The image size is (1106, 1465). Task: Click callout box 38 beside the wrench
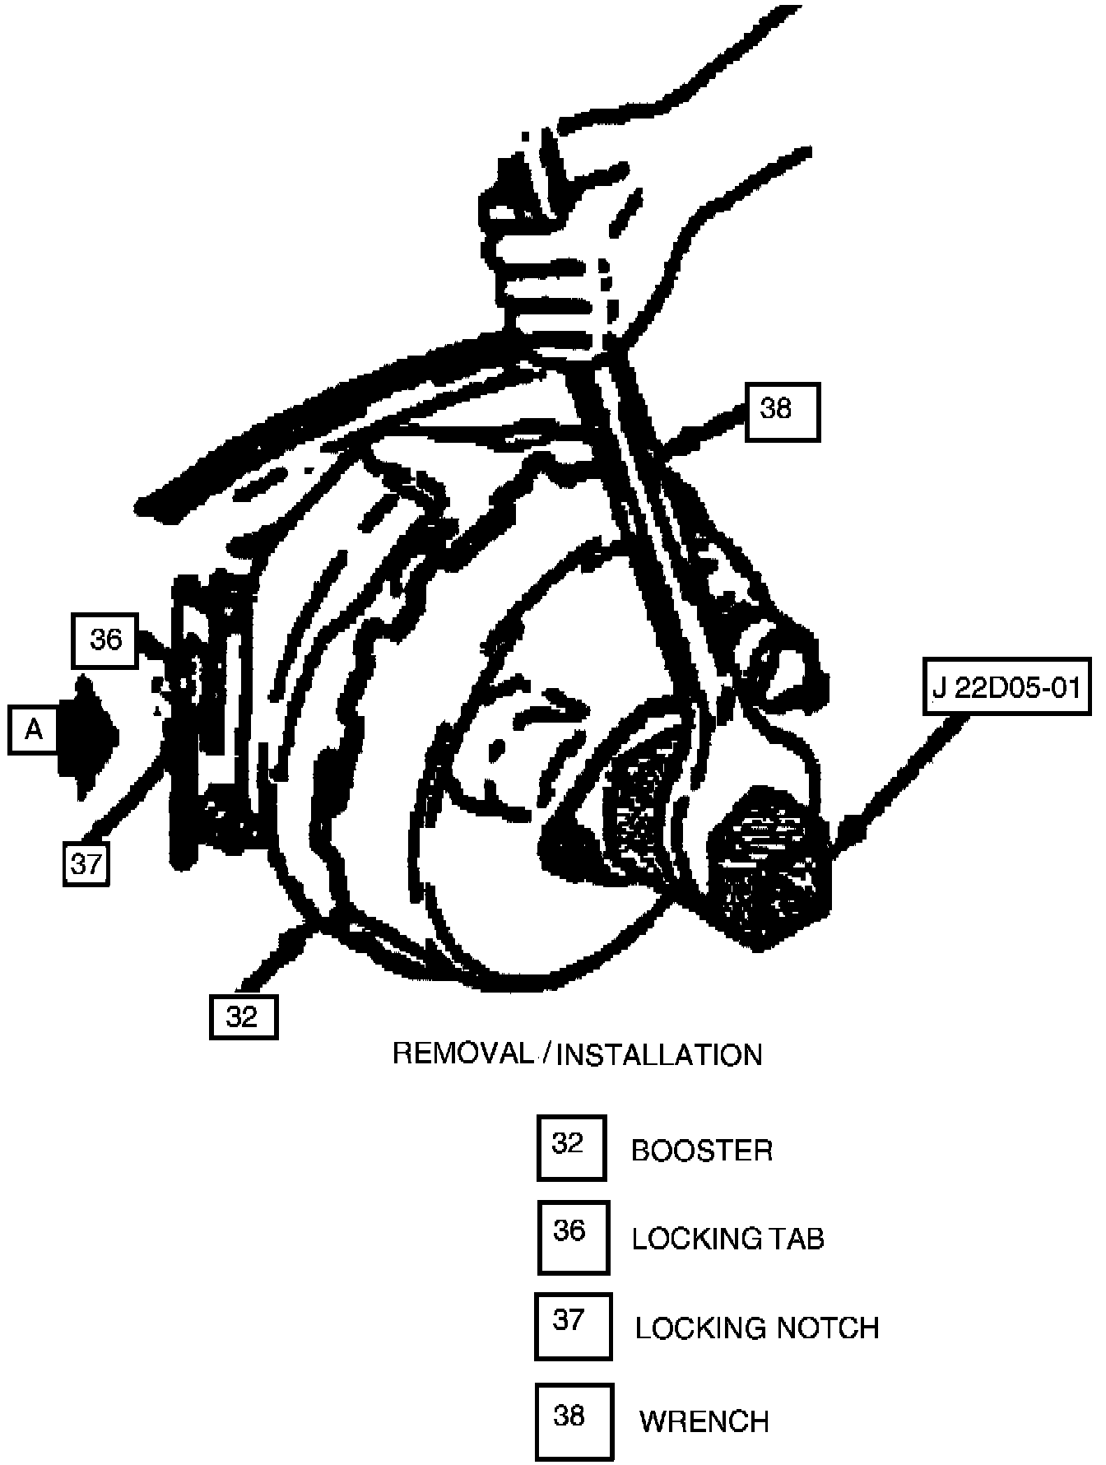[782, 411]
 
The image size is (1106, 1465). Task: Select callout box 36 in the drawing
[105, 640]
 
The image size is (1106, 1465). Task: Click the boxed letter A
[33, 729]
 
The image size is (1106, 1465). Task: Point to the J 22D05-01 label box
[1006, 687]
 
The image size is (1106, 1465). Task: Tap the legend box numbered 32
[571, 1147]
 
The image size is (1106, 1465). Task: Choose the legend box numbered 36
[573, 1236]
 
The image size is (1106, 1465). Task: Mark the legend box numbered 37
[573, 1326]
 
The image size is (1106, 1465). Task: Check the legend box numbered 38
[573, 1421]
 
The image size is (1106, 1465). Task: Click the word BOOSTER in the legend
[702, 1151]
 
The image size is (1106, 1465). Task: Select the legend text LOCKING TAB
[727, 1239]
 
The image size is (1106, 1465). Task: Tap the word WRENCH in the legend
[704, 1421]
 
